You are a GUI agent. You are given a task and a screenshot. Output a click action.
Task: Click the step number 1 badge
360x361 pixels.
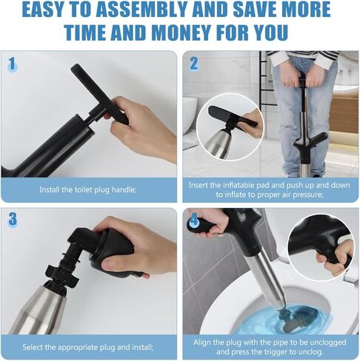coord(12,64)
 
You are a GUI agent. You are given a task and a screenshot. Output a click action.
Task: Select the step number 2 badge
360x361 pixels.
coord(194,64)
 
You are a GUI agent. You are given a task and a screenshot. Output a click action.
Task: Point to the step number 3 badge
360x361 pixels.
coord(13,219)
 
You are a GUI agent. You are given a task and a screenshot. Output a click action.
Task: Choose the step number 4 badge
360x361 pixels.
coord(194,220)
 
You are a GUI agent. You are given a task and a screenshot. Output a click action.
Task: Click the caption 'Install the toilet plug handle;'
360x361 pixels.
coord(88,189)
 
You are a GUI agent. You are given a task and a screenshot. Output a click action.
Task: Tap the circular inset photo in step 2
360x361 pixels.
coord(229,126)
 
